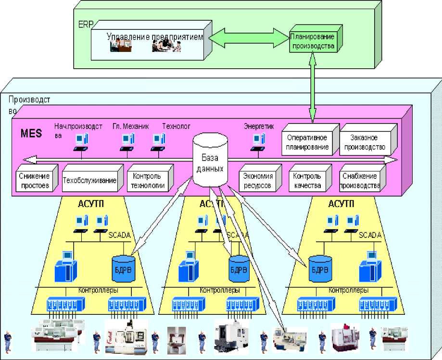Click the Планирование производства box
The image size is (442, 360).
click(311, 42)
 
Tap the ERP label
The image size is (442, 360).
click(84, 24)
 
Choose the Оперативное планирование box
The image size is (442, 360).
click(305, 143)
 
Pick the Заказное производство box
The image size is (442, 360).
click(365, 142)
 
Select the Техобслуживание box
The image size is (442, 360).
click(89, 181)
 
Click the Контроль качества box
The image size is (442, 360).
click(306, 181)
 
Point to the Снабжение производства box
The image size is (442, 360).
click(360, 181)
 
